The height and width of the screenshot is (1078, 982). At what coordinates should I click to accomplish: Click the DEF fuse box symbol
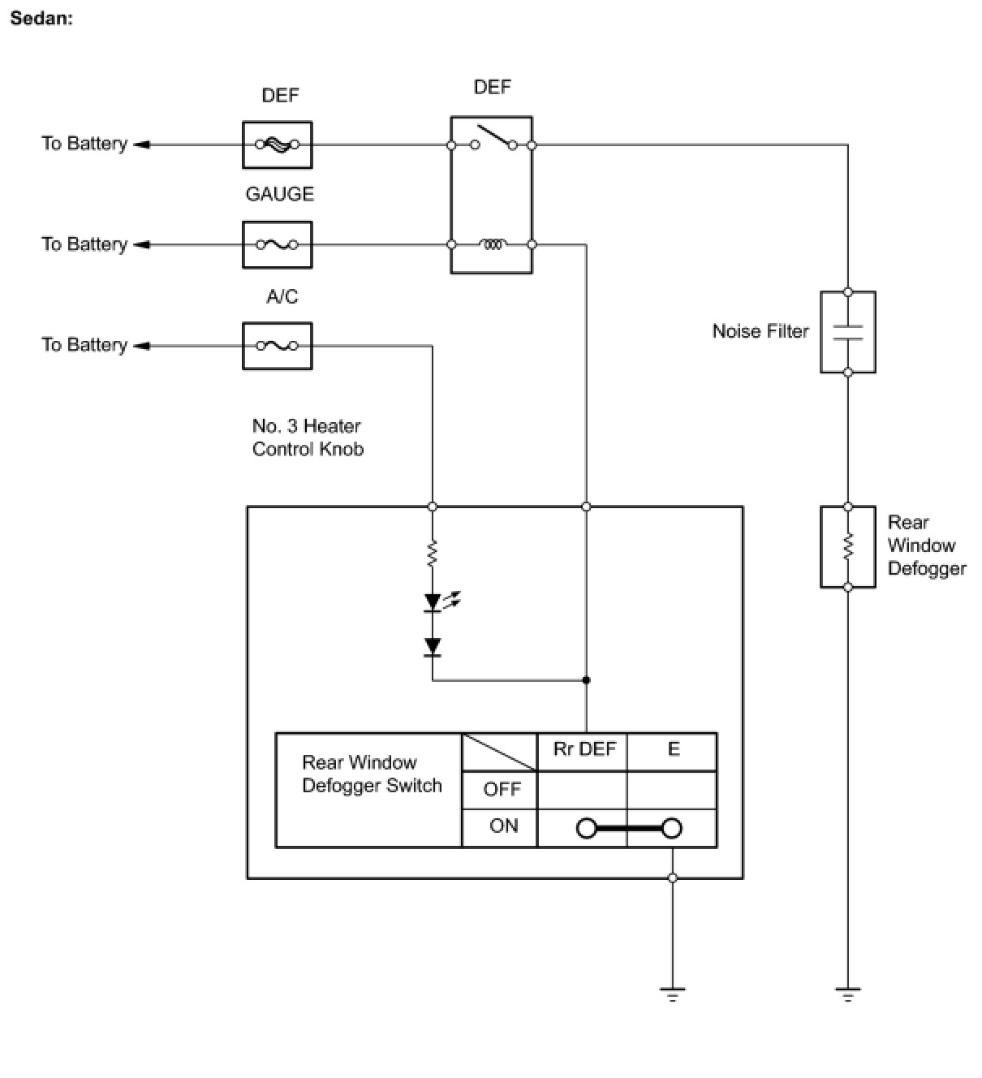tap(278, 144)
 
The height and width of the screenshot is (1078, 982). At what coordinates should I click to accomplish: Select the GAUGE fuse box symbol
tap(278, 244)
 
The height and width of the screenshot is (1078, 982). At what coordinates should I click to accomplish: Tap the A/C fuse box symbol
tap(278, 346)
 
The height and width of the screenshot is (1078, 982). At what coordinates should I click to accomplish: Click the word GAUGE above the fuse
tap(279, 194)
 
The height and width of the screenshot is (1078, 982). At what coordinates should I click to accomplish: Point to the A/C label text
tap(282, 296)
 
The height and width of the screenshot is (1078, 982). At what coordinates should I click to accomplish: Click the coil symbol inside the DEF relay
tap(493, 244)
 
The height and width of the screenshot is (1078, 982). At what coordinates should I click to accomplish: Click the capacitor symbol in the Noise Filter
tap(847, 332)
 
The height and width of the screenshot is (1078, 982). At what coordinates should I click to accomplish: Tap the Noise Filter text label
tap(760, 331)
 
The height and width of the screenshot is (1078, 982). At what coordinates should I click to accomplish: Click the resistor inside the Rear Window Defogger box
tap(847, 546)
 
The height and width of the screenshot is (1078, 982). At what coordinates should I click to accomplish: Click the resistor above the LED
tap(432, 554)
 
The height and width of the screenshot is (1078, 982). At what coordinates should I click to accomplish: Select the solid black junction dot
tap(586, 679)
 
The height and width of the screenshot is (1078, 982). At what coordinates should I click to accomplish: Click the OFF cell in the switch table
tap(502, 789)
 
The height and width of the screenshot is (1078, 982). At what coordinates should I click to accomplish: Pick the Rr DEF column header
tap(584, 748)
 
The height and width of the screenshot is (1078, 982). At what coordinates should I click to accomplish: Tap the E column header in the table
tap(673, 748)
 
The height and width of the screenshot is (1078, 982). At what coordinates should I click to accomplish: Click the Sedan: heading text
tap(41, 19)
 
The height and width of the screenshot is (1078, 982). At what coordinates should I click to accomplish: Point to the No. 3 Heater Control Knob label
tap(308, 437)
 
